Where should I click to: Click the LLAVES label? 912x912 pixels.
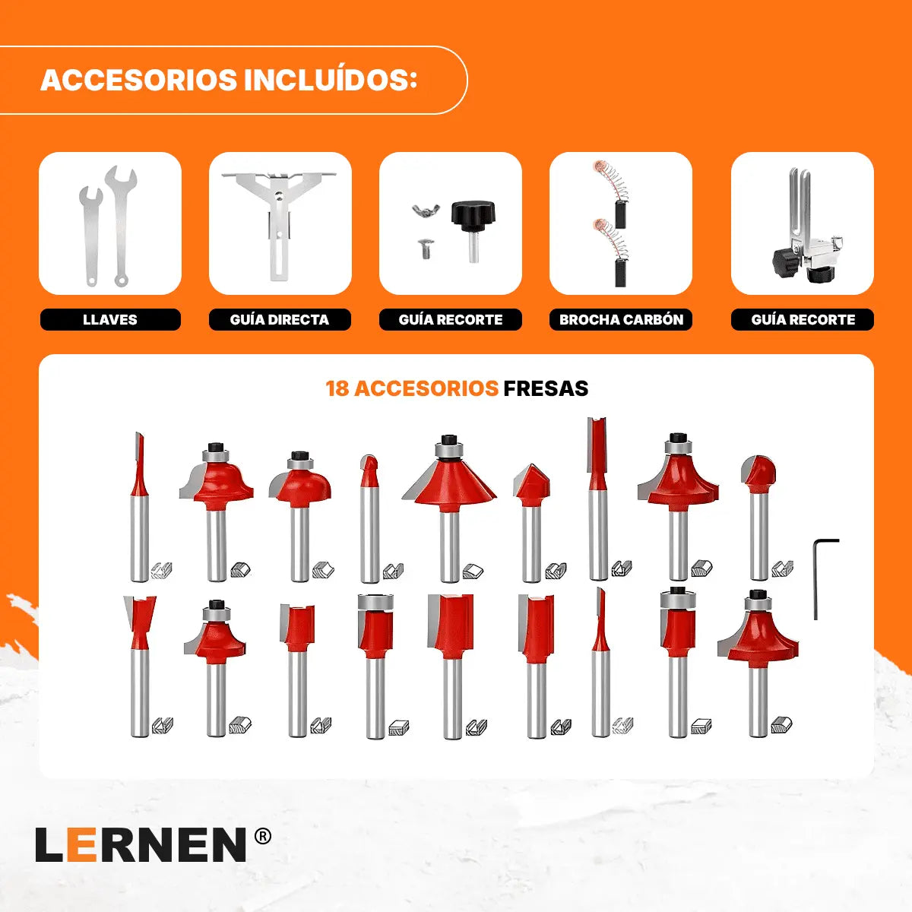[109, 319]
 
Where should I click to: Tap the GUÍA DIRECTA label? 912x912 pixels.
[280, 319]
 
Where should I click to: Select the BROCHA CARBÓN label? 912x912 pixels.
[621, 319]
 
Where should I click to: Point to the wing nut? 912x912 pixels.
[425, 210]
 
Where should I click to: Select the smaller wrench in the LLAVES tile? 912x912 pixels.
[90, 236]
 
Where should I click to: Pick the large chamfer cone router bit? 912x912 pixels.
[448, 508]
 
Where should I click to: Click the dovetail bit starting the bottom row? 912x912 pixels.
[140, 667]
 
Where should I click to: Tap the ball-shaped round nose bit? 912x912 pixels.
[758, 518]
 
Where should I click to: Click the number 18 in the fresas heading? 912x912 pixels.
[337, 388]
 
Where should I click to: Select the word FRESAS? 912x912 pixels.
[546, 388]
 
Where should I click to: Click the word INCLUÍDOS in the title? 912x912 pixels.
[331, 80]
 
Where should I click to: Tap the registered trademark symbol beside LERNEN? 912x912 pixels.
[263, 837]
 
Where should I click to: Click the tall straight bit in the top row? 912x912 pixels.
[597, 499]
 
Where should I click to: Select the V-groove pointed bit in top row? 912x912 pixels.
[531, 523]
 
